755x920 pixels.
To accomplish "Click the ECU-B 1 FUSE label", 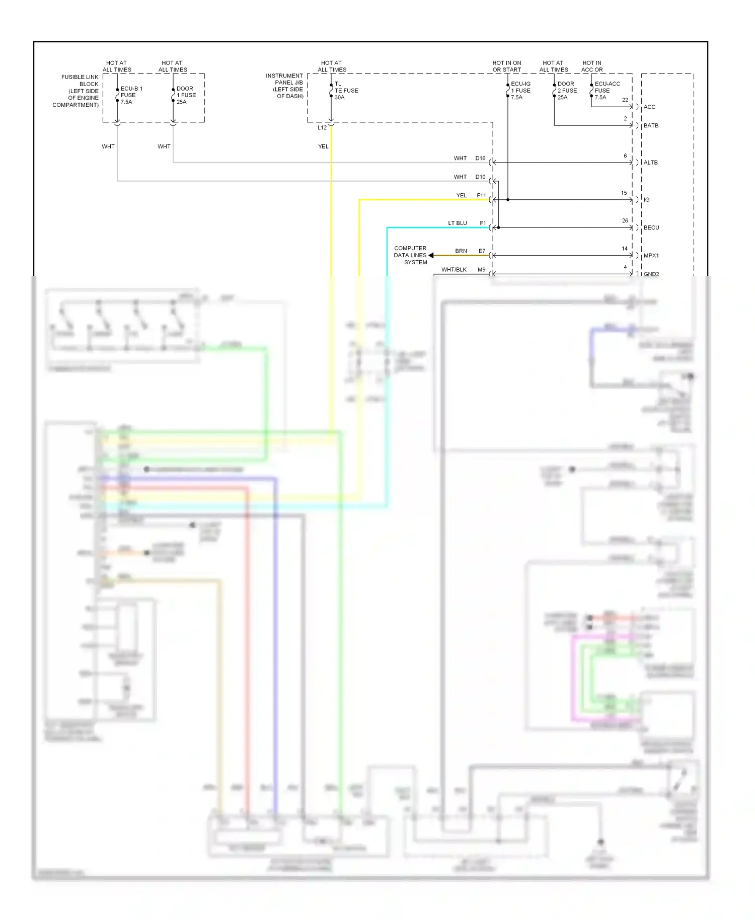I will click(131, 95).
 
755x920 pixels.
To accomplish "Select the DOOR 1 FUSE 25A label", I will click(186, 95).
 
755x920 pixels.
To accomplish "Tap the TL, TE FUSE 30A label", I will click(346, 91).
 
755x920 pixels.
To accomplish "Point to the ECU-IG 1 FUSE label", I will click(520, 91).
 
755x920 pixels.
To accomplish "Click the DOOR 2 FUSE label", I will click(567, 91).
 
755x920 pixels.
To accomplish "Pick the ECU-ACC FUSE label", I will click(607, 91).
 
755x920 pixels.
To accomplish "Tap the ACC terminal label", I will click(649, 107).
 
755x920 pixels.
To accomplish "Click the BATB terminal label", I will click(651, 126).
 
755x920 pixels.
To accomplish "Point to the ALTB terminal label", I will click(650, 163).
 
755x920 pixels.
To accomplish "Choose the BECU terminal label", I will click(651, 228).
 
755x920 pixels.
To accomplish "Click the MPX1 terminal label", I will click(651, 256).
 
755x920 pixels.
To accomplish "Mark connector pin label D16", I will click(480, 159).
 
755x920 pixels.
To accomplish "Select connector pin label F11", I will click(481, 196).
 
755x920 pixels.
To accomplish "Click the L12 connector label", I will click(322, 128).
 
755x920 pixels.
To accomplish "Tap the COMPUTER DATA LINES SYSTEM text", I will click(410, 255).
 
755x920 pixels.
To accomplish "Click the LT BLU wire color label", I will click(457, 223).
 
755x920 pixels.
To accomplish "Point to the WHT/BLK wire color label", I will click(454, 270).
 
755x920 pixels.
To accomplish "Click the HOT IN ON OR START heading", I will click(506, 66).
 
